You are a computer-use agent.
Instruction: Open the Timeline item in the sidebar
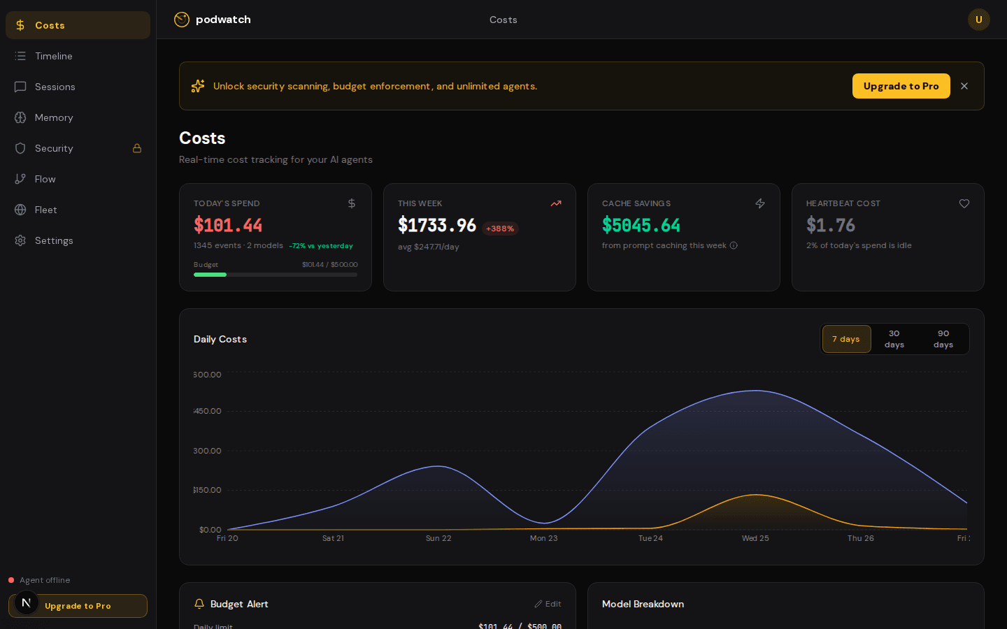point(53,56)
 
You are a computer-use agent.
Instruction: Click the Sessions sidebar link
point(55,87)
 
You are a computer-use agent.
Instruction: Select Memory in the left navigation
point(53,117)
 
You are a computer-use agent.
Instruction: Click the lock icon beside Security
point(137,148)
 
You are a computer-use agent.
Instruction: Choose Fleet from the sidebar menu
point(45,210)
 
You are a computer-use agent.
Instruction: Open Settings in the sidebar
point(53,240)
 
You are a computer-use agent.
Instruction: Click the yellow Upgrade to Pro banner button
point(901,86)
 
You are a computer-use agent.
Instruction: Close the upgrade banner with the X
point(964,86)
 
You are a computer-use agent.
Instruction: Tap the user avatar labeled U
point(978,20)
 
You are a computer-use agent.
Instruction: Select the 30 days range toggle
point(894,339)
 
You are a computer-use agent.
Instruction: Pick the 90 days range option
point(943,339)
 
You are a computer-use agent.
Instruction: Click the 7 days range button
point(846,339)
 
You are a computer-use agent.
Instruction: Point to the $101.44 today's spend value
point(228,225)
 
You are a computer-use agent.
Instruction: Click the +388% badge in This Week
point(500,229)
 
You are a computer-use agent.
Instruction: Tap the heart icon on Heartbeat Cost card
point(964,203)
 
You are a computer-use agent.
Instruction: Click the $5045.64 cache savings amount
point(641,225)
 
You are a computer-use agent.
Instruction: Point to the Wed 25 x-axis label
point(755,538)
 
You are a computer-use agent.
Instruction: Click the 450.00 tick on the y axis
point(208,411)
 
